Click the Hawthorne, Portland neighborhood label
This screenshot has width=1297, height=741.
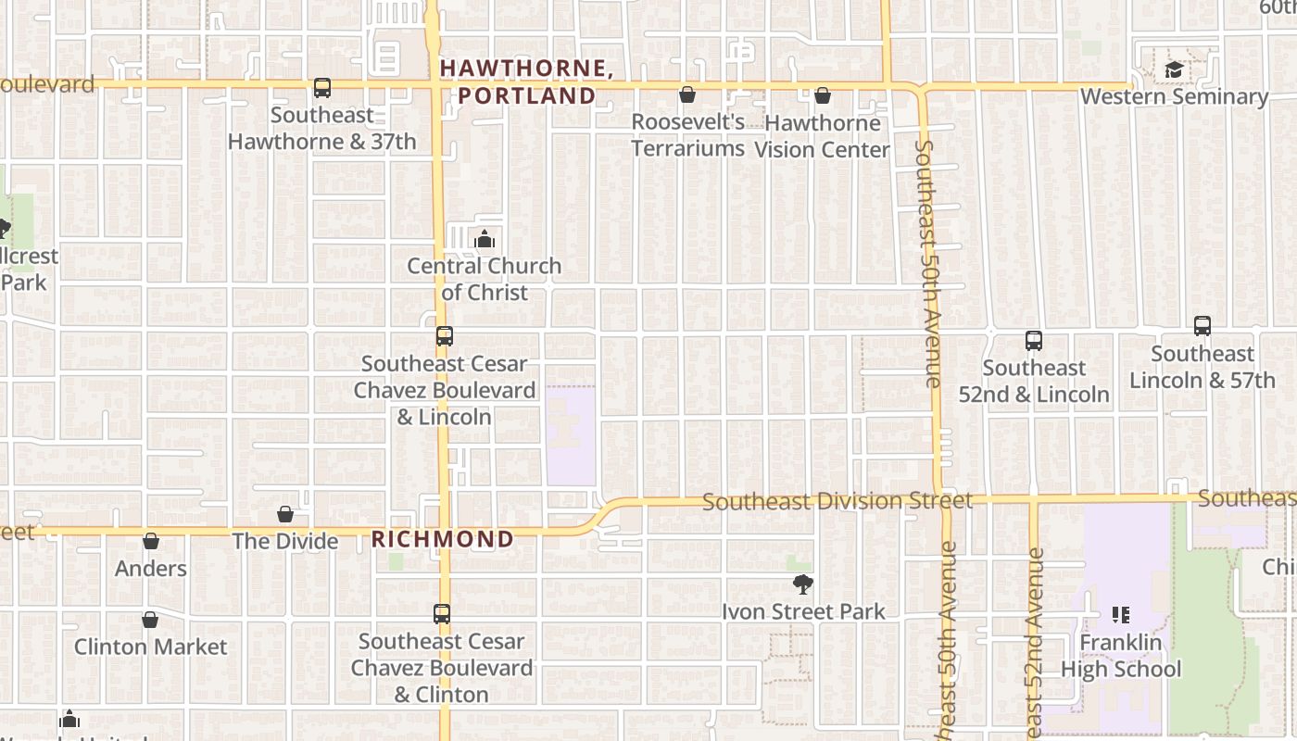pos(527,82)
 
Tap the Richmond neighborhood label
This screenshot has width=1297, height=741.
pos(443,539)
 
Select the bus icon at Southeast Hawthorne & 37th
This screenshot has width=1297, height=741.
pos(322,88)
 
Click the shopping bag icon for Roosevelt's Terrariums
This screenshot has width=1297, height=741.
pos(687,94)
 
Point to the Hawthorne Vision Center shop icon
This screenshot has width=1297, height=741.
pos(822,95)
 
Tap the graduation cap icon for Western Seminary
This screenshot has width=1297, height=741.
pos(1174,69)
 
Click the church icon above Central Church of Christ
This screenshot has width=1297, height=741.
pos(485,240)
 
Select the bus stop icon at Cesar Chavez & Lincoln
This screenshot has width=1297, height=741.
pos(445,336)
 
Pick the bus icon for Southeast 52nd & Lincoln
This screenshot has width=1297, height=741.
pos(1034,341)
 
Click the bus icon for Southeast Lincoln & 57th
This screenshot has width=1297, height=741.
pos(1203,326)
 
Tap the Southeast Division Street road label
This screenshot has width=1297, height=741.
pos(837,501)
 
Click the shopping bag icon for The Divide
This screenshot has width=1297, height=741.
pos(285,514)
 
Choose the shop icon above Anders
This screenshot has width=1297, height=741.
pos(151,541)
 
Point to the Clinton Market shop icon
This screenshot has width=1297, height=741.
pos(150,620)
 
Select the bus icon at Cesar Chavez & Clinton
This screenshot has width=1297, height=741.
pos(442,613)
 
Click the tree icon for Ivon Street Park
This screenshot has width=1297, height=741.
pos(803,584)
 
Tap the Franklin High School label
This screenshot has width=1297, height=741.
pos(1121,656)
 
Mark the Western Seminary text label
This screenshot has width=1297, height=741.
pos(1174,96)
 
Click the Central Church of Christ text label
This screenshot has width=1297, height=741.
pos(485,279)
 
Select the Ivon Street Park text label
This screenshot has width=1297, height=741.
pos(803,611)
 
